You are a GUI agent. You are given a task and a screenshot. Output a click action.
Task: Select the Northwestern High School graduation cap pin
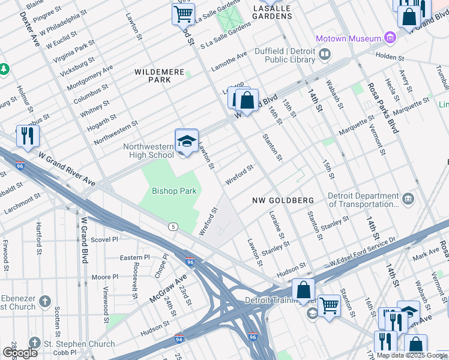tap(187, 141)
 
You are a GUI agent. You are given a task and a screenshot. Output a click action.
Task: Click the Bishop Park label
tap(166, 191)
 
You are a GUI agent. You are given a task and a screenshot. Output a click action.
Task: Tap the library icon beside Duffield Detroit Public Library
tap(325, 55)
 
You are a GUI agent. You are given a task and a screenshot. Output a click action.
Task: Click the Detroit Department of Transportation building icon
tap(408, 199)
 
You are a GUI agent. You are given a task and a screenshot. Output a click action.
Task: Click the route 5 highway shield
tap(173, 226)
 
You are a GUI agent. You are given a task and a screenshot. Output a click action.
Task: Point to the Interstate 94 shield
tap(179, 339)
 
